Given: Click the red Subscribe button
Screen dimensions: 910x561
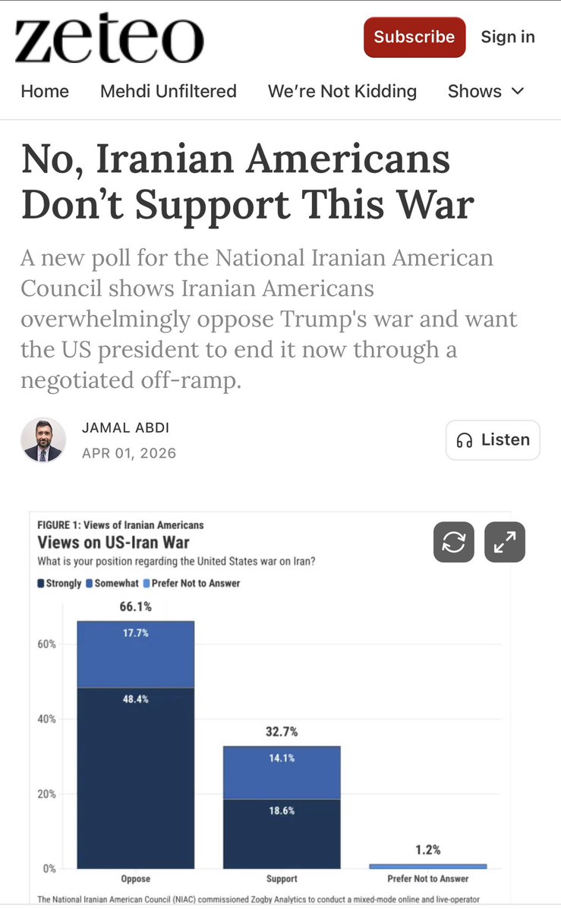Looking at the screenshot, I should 414,37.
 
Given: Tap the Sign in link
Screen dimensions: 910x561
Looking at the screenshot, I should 508,37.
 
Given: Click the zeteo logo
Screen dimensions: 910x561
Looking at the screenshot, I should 109,39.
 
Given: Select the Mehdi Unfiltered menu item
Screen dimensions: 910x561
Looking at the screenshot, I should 169,92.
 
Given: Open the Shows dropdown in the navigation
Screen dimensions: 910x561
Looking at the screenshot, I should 486,92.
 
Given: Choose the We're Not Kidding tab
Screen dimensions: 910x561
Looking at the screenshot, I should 342,92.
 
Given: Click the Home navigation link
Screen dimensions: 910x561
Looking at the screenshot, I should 45,92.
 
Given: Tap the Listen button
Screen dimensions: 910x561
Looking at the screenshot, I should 493,440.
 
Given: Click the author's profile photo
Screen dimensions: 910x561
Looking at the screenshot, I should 42,439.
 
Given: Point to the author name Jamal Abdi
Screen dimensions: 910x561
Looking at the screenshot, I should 125,427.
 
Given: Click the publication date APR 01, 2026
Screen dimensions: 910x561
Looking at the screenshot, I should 129,453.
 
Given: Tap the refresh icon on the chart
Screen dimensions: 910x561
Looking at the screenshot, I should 453,543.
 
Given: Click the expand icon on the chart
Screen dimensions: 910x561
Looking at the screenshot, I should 504,543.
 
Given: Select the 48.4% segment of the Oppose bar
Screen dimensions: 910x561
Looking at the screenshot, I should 135,774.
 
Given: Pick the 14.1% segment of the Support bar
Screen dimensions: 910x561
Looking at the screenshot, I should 281,772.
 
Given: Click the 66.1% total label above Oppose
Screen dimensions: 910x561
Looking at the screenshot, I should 135,606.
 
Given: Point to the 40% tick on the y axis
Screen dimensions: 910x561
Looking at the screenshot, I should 47,719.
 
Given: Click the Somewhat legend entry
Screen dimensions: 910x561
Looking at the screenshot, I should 115,584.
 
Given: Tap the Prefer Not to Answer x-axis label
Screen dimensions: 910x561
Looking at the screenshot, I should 428,879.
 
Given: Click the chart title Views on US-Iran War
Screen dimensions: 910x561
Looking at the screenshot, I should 114,543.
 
